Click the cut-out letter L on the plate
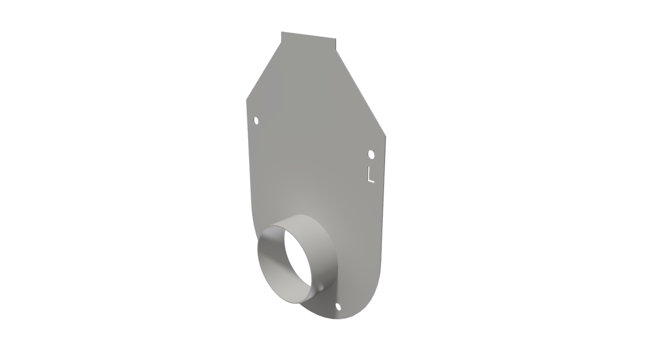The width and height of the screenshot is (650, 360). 370,174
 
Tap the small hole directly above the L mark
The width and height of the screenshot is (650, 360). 371,154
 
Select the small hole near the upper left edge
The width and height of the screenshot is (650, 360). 256,121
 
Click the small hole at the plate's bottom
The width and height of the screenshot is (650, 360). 338,307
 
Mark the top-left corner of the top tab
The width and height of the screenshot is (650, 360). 282,32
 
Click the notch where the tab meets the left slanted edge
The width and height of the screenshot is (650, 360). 281,42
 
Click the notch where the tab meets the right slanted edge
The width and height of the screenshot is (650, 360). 336,50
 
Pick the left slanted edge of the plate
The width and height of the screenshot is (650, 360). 263,71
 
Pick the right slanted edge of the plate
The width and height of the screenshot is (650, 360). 361,93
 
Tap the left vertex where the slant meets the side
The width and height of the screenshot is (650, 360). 247,100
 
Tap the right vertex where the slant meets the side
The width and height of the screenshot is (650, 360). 385,136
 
